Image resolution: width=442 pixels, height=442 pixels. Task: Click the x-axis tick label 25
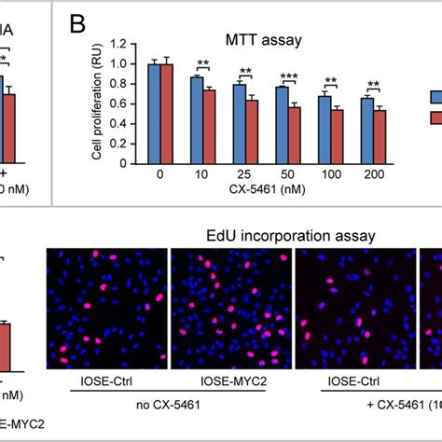tap(245, 175)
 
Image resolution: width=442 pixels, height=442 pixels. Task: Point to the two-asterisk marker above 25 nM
tap(246, 71)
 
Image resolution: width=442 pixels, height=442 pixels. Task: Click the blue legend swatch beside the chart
tap(435, 96)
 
